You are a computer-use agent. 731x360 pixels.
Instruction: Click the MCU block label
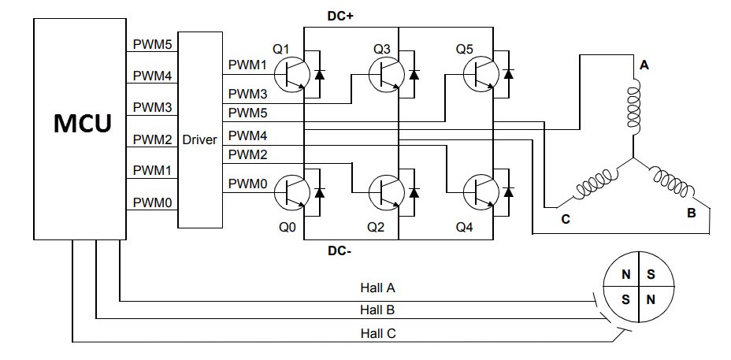coord(83,123)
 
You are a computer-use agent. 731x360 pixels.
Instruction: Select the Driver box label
coord(199,139)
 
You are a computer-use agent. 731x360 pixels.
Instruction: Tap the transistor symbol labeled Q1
coord(291,74)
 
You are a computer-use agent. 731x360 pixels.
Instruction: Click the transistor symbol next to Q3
coord(387,74)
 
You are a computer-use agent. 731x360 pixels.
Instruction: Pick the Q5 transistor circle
coord(481,74)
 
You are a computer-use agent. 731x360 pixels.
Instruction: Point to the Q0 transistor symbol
coord(291,192)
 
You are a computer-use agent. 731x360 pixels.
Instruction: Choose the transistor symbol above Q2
coord(387,192)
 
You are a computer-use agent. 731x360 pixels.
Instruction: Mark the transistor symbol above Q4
coord(481,192)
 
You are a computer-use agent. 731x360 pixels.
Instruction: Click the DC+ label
coord(340,16)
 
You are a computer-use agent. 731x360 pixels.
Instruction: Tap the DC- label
coord(340,251)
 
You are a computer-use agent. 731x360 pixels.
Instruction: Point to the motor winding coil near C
coord(593,184)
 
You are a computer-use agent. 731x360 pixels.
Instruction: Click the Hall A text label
coord(377,288)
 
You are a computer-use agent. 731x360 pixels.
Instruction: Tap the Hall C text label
coord(378,333)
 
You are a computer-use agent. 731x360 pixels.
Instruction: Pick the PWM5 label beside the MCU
coord(153,44)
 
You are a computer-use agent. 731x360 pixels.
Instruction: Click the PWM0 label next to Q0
coord(247,184)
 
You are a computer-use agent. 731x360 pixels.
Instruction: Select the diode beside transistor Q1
coord(319,74)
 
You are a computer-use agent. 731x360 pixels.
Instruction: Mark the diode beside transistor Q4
coord(509,192)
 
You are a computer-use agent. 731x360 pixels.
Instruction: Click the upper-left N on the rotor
coord(626,274)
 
